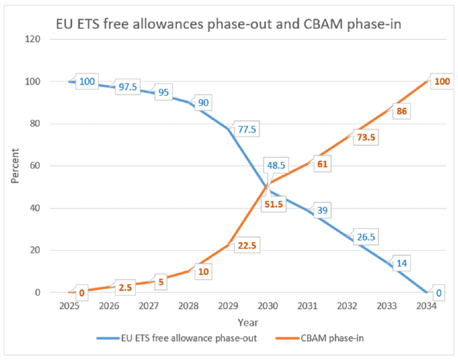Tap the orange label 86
click(x=401, y=112)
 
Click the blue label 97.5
click(x=127, y=87)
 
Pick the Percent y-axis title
click(x=15, y=166)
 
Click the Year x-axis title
click(x=248, y=322)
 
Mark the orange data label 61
click(x=323, y=164)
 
